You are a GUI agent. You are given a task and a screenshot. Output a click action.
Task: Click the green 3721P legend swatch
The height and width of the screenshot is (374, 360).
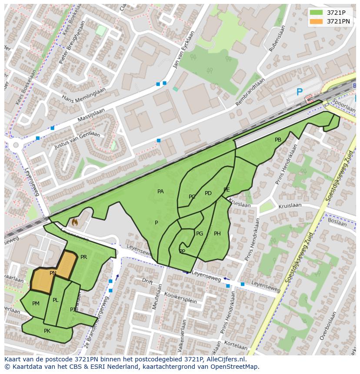pyautogui.click(x=316, y=12)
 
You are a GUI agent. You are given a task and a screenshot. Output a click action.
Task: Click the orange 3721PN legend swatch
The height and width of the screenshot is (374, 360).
pyautogui.click(x=316, y=21)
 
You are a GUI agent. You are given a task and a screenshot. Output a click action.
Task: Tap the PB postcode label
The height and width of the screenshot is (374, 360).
pyautogui.click(x=278, y=140)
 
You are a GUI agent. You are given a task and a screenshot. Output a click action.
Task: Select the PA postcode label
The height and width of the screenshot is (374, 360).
pyautogui.click(x=160, y=192)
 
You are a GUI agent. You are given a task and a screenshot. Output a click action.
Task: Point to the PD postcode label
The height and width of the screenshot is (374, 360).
pyautogui.click(x=208, y=193)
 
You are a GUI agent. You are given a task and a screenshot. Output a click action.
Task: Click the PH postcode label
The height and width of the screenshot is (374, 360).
pyautogui.click(x=217, y=234)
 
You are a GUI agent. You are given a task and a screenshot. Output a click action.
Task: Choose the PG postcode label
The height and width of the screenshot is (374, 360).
pyautogui.click(x=200, y=234)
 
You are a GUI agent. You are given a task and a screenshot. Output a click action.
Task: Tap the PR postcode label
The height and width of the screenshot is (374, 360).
pyautogui.click(x=83, y=257)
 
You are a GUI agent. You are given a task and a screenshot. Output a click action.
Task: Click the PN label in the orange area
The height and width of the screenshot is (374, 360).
pyautogui.click(x=53, y=273)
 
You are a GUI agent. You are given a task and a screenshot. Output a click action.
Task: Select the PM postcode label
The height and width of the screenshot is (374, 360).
pyautogui.click(x=36, y=304)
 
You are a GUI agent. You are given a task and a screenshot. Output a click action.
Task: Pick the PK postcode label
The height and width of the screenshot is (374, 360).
pyautogui.click(x=47, y=331)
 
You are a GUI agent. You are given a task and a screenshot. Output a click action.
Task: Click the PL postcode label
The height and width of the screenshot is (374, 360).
pyautogui.click(x=56, y=300)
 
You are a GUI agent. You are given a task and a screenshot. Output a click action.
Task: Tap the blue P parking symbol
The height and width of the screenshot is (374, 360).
pyautogui.click(x=299, y=92)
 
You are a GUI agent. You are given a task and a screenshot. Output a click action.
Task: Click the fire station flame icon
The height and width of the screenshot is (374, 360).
pyautogui.click(x=74, y=223)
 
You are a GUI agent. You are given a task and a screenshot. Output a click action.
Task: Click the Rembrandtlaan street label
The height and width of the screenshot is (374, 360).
pyautogui.click(x=250, y=93)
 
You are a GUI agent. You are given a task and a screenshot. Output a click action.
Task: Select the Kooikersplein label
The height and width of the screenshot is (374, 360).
pyautogui.click(x=180, y=298)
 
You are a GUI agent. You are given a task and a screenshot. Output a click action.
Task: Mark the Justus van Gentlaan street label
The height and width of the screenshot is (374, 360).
pyautogui.click(x=77, y=140)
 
